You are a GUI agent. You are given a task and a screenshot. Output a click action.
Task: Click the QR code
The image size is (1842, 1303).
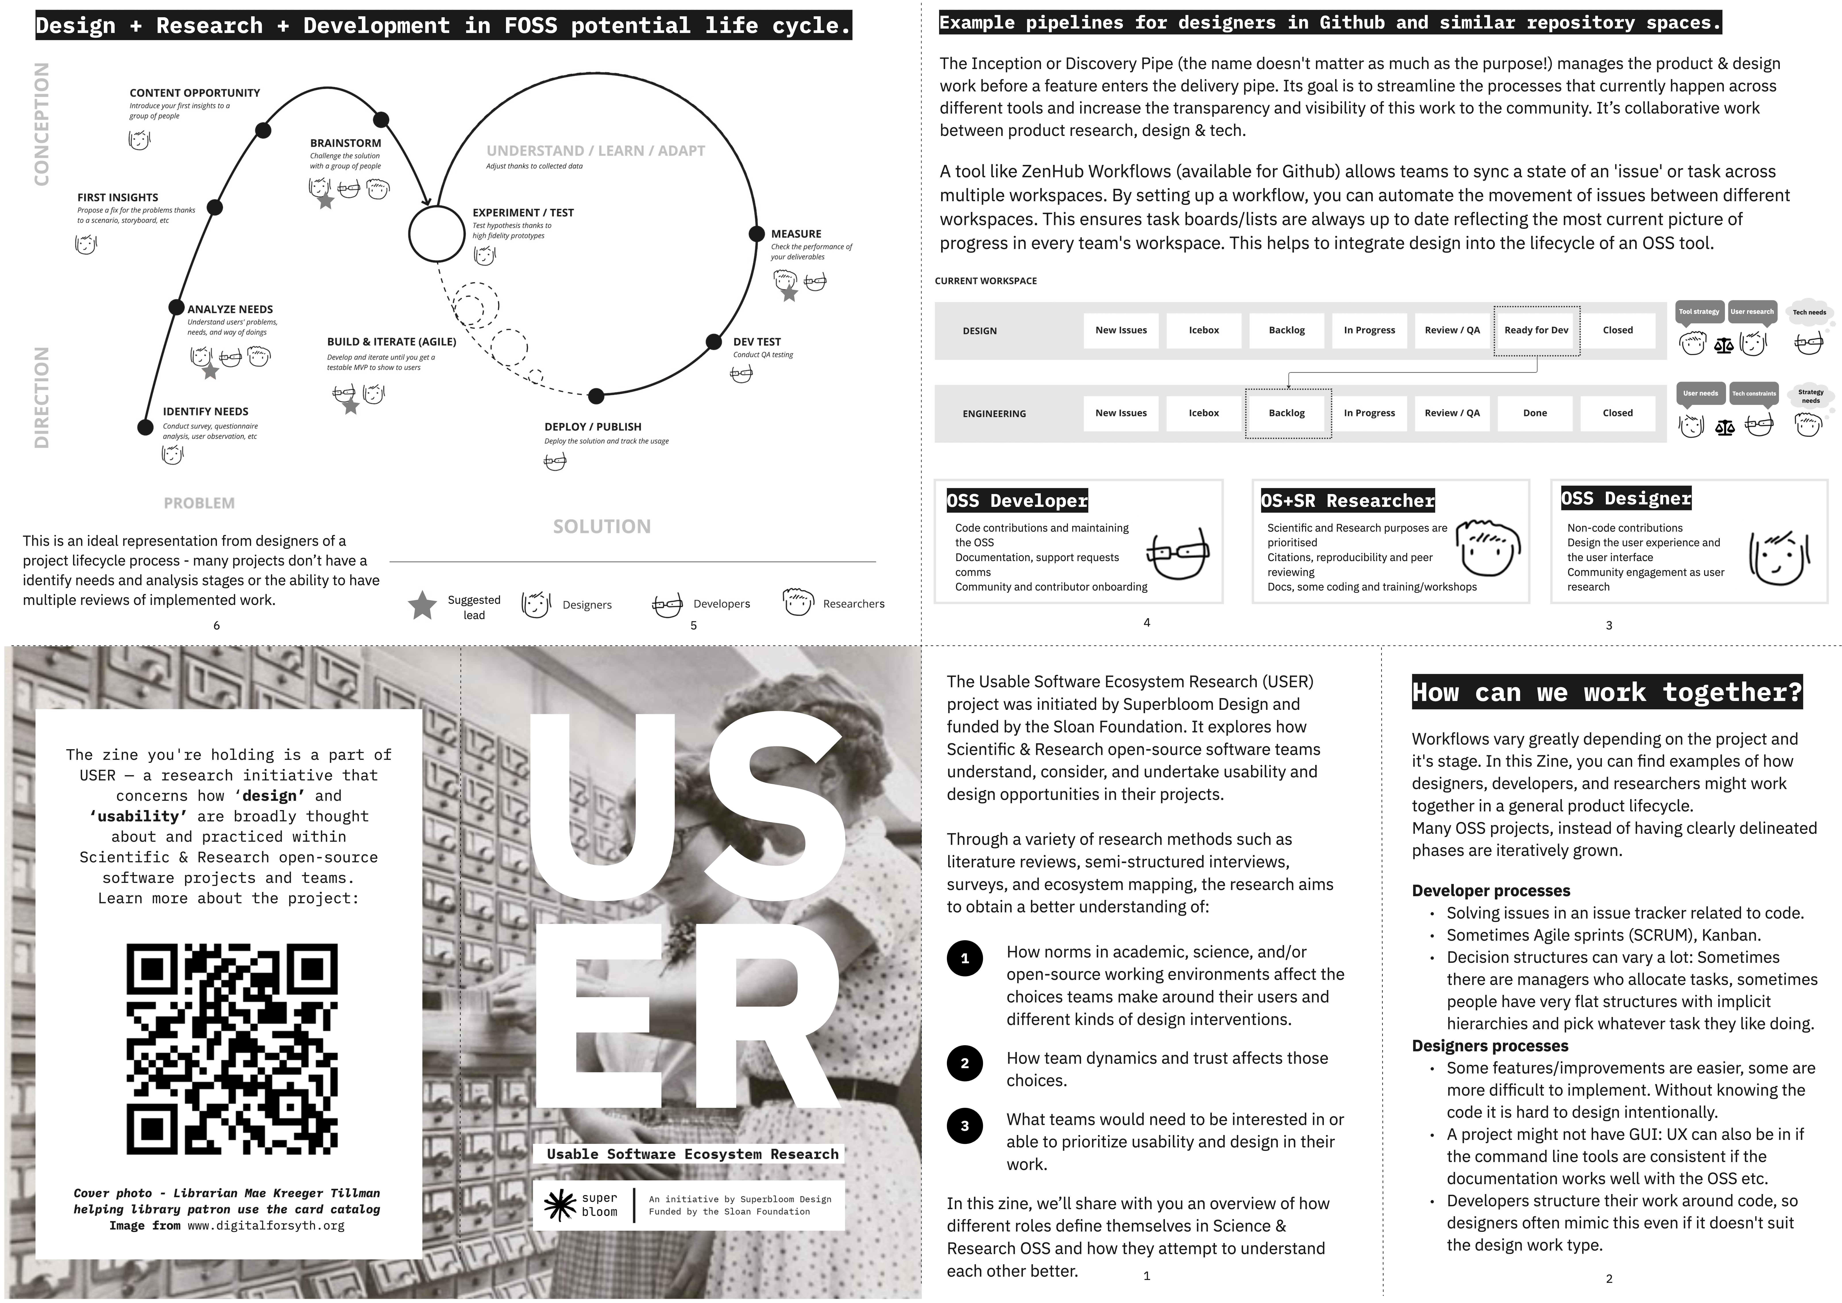[x=232, y=1049]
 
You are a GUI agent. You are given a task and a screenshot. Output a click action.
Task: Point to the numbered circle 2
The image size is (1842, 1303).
[x=965, y=1063]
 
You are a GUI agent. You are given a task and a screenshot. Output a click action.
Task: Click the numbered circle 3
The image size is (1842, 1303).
[x=965, y=1126]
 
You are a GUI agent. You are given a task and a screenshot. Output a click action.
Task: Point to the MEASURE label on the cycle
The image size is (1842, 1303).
[x=796, y=234]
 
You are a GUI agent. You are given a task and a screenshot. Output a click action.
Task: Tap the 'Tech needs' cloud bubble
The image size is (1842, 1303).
[x=1810, y=313]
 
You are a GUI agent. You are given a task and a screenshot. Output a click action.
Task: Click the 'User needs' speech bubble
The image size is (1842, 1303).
[x=1700, y=394]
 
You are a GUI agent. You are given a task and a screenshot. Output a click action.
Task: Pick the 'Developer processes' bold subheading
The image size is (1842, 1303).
[x=1491, y=891]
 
